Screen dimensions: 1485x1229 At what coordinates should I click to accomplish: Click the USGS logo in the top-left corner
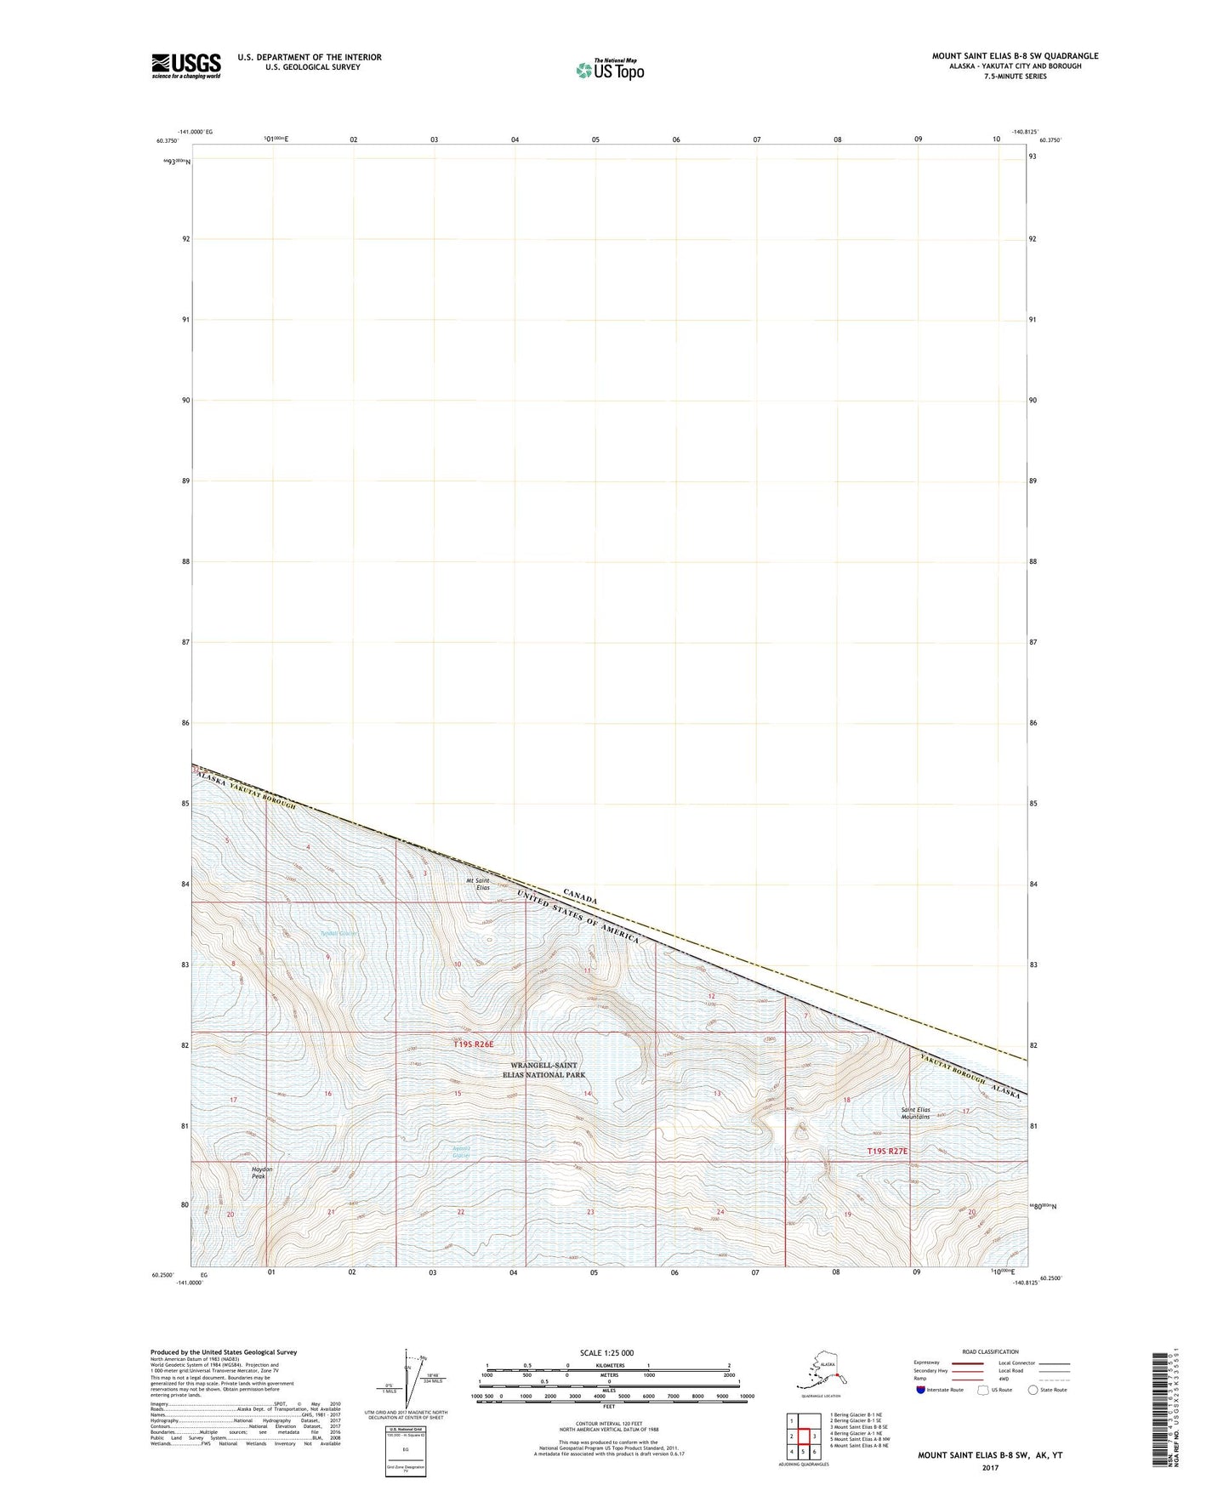(x=186, y=65)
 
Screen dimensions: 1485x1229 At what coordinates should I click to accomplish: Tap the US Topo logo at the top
(x=610, y=69)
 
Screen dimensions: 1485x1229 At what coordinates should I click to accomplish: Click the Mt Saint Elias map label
(x=478, y=884)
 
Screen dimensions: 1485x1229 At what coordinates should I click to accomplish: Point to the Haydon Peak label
(x=262, y=1173)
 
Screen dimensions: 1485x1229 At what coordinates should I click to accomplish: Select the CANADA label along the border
(x=580, y=896)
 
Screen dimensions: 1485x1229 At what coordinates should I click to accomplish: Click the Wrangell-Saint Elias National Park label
(x=543, y=1070)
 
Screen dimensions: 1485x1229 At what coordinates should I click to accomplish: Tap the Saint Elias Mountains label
(x=915, y=1113)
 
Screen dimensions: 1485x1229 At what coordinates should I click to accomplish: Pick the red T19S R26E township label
(x=473, y=1044)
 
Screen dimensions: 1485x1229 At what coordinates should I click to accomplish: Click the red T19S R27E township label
(x=887, y=1151)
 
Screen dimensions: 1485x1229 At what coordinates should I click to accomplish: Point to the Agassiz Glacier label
(x=461, y=1152)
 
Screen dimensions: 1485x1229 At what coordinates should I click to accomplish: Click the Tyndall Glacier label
(x=339, y=933)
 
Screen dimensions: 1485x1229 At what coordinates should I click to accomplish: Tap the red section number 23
(x=590, y=1212)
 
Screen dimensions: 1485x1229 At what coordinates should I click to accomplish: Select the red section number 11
(x=586, y=970)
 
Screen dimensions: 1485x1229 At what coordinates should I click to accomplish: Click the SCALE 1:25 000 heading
(x=606, y=1352)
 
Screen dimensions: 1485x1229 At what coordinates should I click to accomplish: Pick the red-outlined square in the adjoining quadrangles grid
(x=802, y=1437)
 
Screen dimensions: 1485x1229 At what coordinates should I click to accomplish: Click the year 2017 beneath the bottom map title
(x=989, y=1467)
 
